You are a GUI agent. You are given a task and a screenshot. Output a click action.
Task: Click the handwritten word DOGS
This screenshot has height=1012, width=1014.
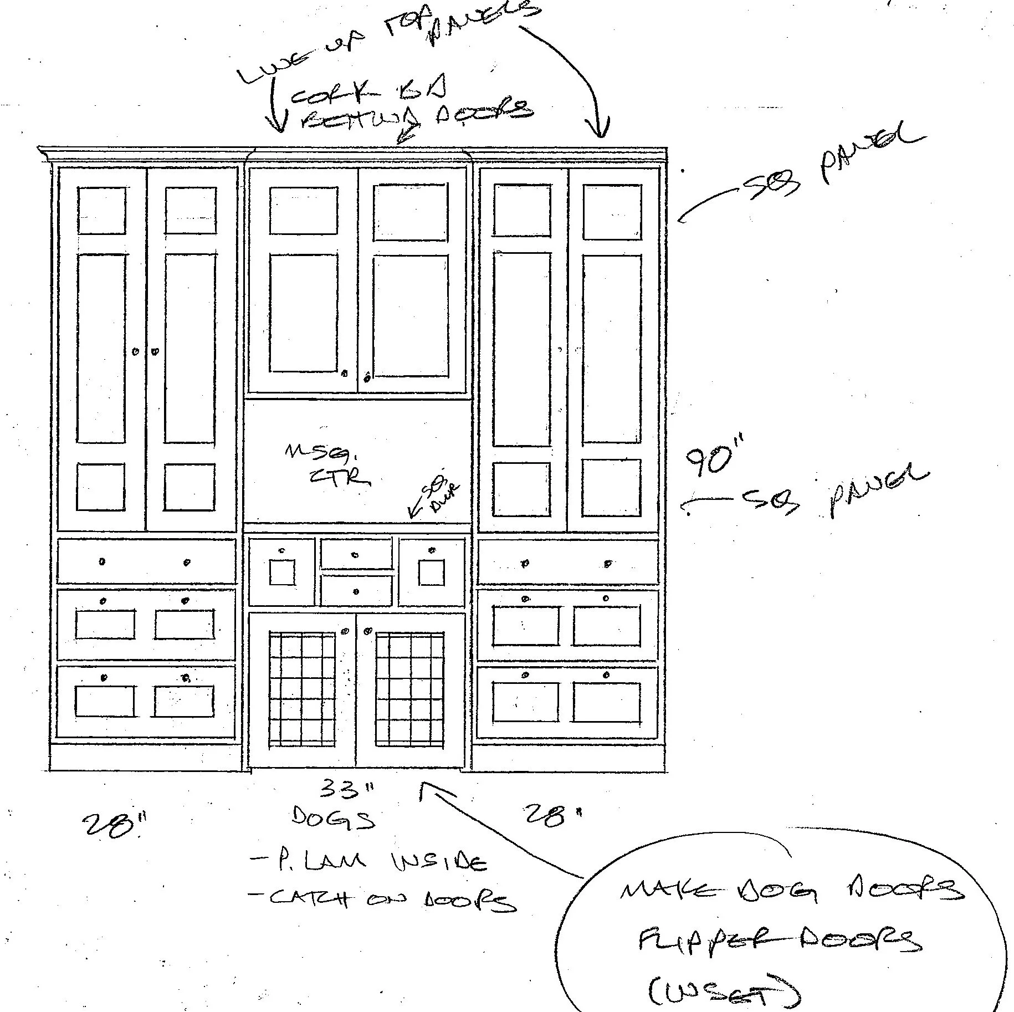pos(332,819)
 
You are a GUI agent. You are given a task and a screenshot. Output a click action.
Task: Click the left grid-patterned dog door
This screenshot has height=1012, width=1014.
pos(303,691)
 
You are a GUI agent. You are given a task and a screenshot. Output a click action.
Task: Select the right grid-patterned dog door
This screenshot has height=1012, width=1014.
pos(410,691)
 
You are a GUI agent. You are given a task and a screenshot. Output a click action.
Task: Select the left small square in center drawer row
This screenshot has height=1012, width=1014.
pos(283,573)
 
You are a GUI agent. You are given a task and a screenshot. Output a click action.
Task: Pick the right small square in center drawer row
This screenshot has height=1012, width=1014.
pos(431,573)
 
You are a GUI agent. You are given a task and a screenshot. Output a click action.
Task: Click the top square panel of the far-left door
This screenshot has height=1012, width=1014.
pos(102,211)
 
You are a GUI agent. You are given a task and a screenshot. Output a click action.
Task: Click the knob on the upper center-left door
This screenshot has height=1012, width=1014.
pos(344,373)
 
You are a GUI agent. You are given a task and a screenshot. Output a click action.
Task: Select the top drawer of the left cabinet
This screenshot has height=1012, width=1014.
pos(146,562)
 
